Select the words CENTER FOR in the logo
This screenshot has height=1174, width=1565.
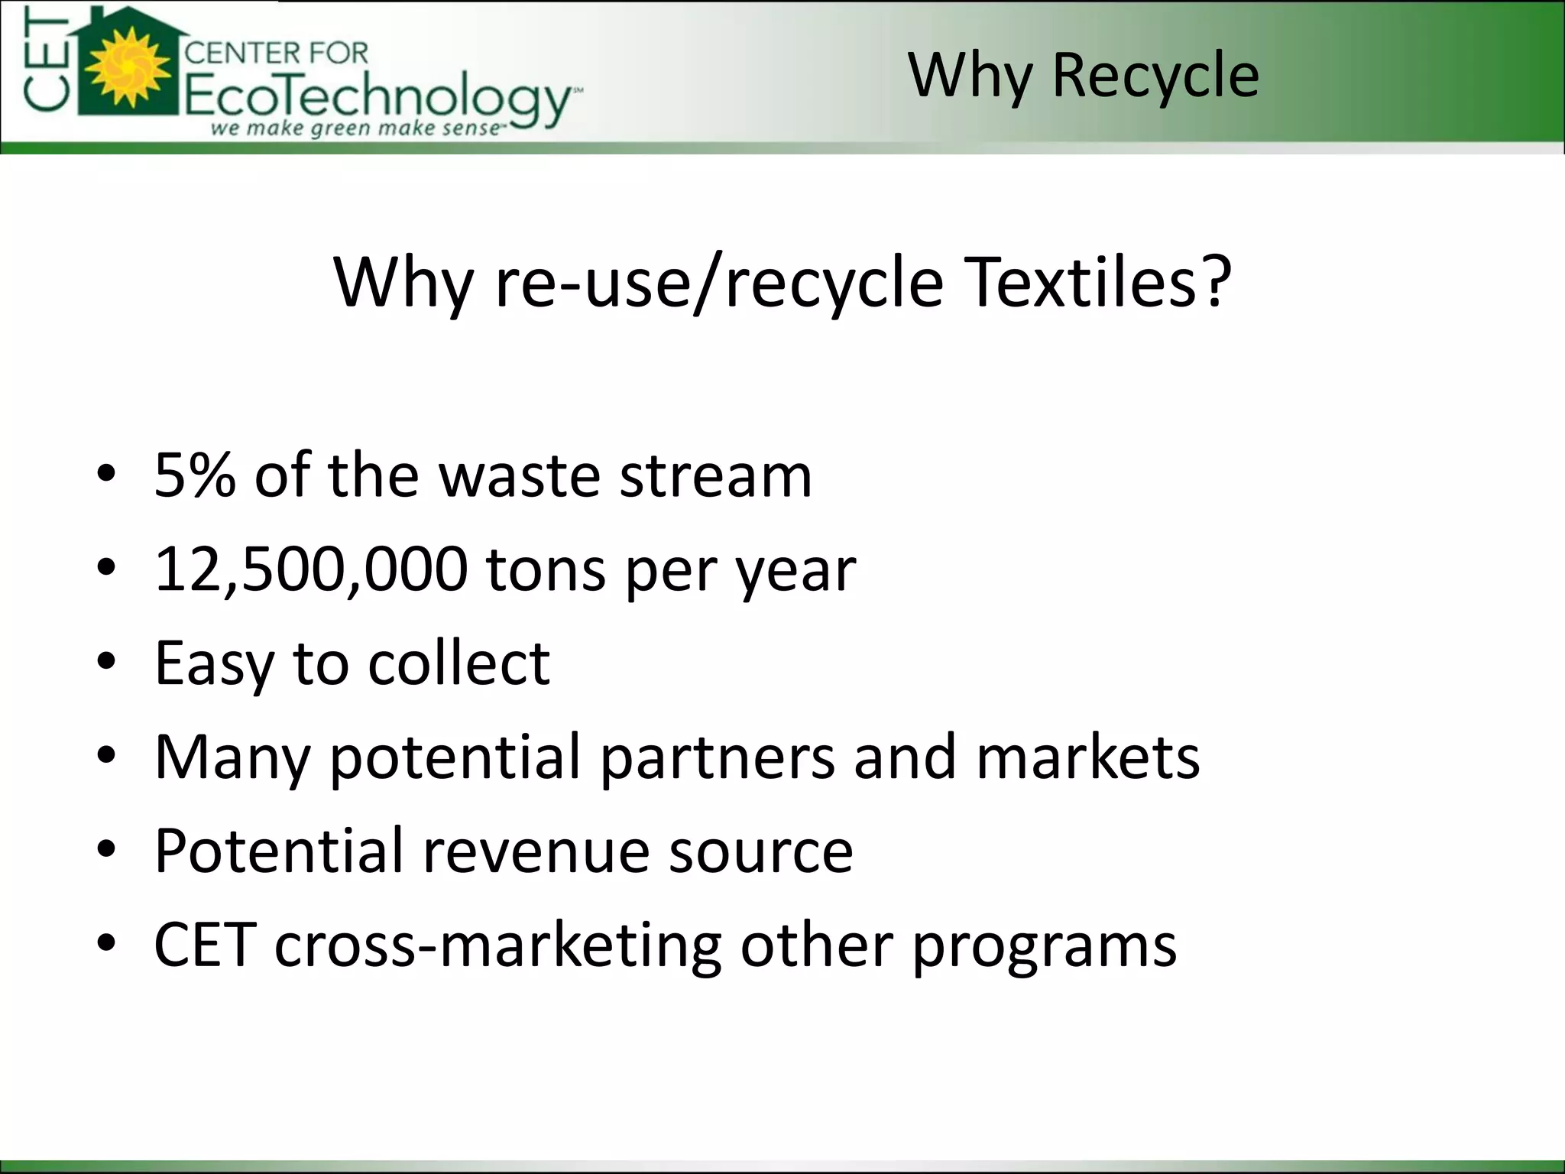[277, 53]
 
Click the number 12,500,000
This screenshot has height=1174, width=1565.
[311, 569]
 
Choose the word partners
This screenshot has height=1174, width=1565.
[717, 757]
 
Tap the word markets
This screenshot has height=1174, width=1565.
[1088, 757]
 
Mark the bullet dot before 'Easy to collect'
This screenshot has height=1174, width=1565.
[106, 661]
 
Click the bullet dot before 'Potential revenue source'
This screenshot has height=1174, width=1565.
[106, 849]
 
